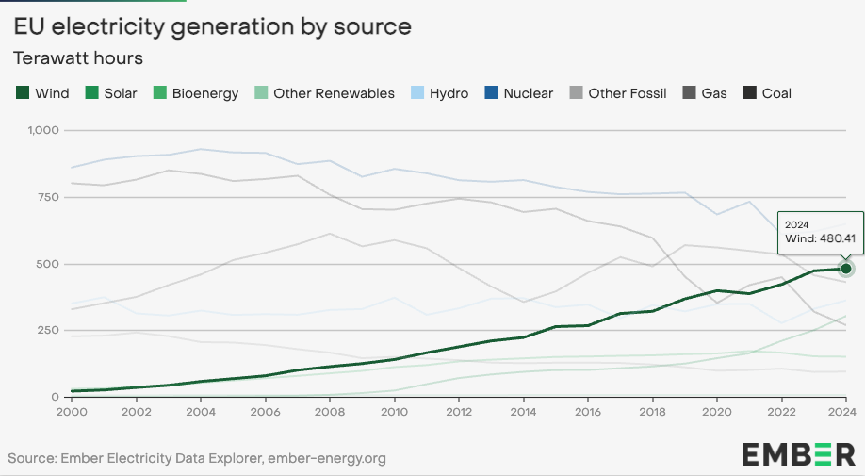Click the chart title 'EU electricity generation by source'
pyautogui.click(x=212, y=26)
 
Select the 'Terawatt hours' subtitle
pyautogui.click(x=78, y=58)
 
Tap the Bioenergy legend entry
pyautogui.click(x=196, y=93)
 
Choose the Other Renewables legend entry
pyautogui.click(x=325, y=93)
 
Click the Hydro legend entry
pyautogui.click(x=439, y=93)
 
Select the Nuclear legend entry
pyautogui.click(x=519, y=93)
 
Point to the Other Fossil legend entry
pyautogui.click(x=617, y=93)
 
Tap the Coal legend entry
pyautogui.click(x=767, y=93)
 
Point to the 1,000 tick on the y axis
pyautogui.click(x=41, y=130)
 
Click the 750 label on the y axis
pyautogui.click(x=46, y=197)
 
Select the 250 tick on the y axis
pyautogui.click(x=46, y=330)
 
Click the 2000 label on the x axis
pyautogui.click(x=71, y=412)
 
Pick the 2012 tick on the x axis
pyautogui.click(x=458, y=412)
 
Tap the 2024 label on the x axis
pyautogui.click(x=844, y=412)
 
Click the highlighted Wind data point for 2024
pyautogui.click(x=845, y=269)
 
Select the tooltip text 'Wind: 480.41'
pyautogui.click(x=821, y=239)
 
